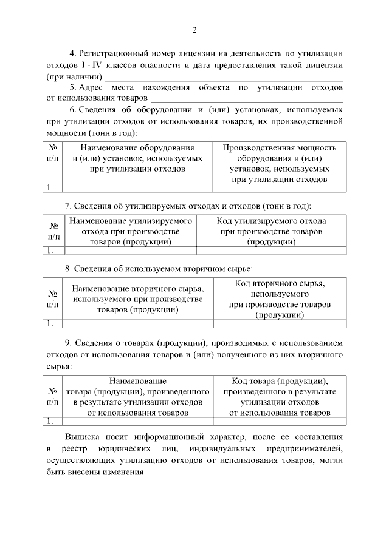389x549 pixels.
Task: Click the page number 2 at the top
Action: click(x=194, y=30)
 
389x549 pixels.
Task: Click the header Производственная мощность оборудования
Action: click(x=280, y=147)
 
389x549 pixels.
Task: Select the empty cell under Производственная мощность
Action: click(x=280, y=187)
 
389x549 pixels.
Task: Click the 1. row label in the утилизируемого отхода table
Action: click(x=51, y=250)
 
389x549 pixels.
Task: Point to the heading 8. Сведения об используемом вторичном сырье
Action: click(x=159, y=268)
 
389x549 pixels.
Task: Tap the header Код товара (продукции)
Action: click(x=280, y=381)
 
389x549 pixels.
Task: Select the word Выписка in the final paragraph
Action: click(x=83, y=437)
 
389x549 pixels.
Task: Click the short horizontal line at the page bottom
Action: click(x=194, y=496)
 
